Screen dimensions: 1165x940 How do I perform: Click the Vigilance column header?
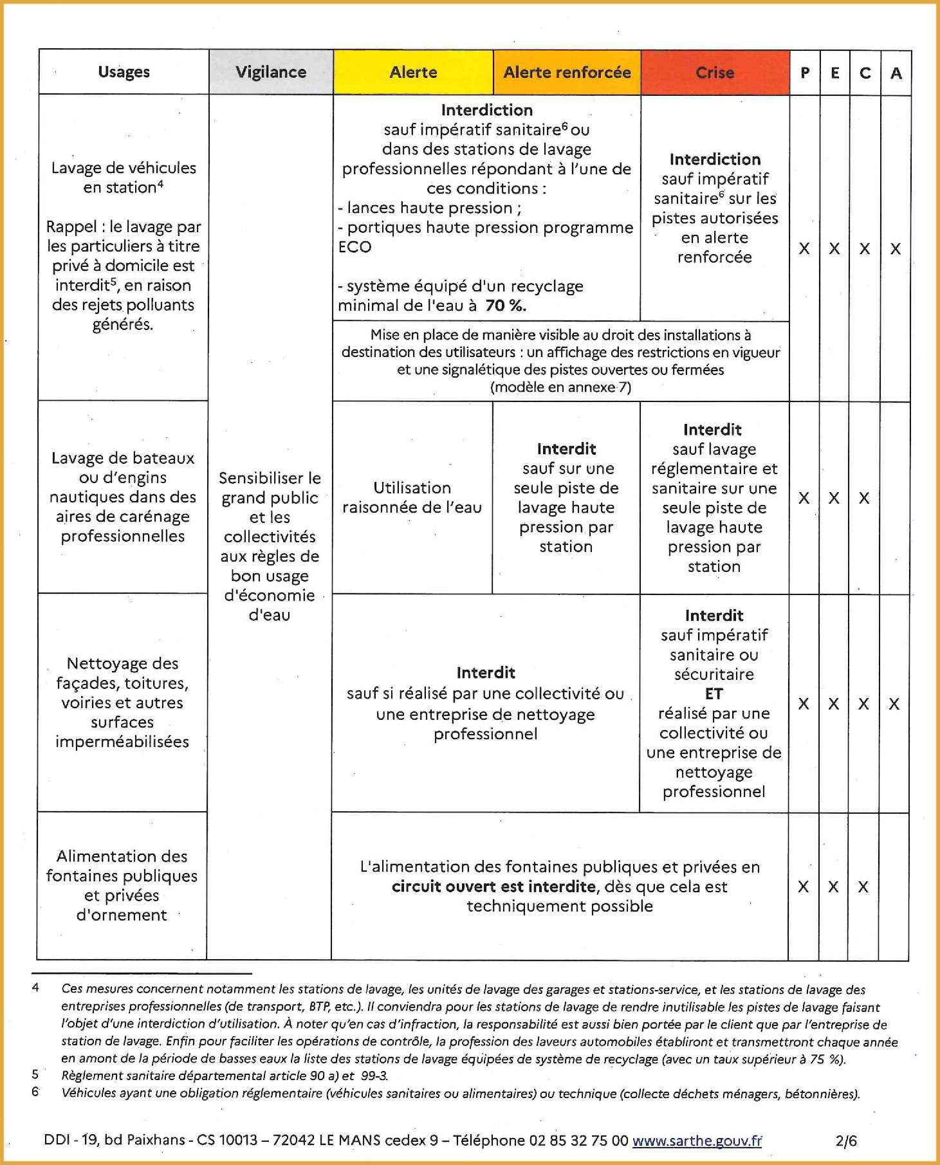click(x=271, y=72)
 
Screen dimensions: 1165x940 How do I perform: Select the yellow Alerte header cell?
click(x=413, y=72)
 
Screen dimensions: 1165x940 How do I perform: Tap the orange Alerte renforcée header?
click(x=567, y=72)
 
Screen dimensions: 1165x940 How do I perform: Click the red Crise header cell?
click(x=715, y=73)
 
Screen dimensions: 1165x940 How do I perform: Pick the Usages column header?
click(x=124, y=72)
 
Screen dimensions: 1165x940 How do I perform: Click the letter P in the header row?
click(x=805, y=73)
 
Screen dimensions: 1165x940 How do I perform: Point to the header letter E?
click(x=835, y=73)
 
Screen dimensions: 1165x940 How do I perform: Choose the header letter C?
click(x=865, y=73)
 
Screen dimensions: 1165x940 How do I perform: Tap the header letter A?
click(x=896, y=73)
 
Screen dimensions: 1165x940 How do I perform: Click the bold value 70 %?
click(x=506, y=306)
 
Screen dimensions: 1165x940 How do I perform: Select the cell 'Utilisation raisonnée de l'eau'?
click(x=412, y=497)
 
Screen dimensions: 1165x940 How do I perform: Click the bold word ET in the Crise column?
click(x=714, y=693)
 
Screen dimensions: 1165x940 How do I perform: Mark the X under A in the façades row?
click(x=894, y=704)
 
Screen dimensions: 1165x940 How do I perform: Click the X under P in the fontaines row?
click(x=804, y=886)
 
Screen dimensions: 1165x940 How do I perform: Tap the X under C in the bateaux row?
click(x=864, y=498)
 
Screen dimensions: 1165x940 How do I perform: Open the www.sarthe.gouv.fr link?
click(x=697, y=1141)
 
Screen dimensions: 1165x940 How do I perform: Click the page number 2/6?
click(x=846, y=1141)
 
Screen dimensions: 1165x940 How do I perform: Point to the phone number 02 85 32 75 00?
click(x=578, y=1141)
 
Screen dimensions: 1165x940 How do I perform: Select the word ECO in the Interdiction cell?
click(x=355, y=247)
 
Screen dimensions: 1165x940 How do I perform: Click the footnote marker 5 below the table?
click(x=35, y=1074)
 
